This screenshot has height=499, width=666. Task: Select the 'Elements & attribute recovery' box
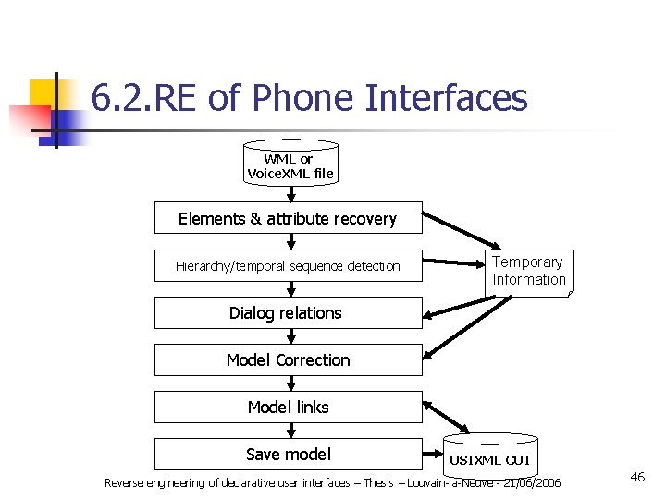[288, 218]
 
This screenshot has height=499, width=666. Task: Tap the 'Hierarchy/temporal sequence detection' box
[288, 266]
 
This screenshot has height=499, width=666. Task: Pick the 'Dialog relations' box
[288, 313]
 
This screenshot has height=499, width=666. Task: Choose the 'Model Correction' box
[288, 360]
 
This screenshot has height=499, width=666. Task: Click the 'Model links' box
[288, 408]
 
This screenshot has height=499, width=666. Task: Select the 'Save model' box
[288, 454]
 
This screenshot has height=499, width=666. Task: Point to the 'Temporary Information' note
[529, 272]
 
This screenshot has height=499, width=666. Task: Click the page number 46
[637, 477]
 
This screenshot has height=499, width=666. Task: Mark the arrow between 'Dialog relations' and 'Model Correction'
[290, 336]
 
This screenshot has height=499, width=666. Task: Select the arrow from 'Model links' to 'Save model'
[290, 431]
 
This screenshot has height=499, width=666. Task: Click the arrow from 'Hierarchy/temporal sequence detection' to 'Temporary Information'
[453, 263]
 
